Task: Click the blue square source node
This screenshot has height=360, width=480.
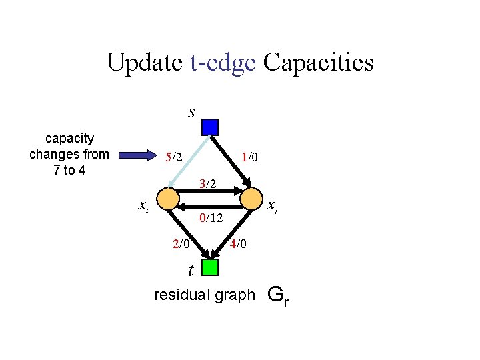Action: [210, 127]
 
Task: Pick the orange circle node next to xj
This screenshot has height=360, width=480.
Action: [253, 199]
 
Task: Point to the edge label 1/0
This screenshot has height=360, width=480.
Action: [250, 157]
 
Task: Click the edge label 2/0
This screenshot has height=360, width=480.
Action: [181, 244]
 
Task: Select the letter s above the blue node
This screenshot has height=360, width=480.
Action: [191, 112]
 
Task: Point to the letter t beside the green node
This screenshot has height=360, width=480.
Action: [191, 271]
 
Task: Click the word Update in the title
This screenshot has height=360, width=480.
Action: [144, 63]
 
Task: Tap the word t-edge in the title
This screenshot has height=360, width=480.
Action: [223, 63]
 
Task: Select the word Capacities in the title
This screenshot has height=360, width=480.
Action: [319, 63]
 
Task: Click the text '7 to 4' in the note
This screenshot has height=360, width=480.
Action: [69, 169]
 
